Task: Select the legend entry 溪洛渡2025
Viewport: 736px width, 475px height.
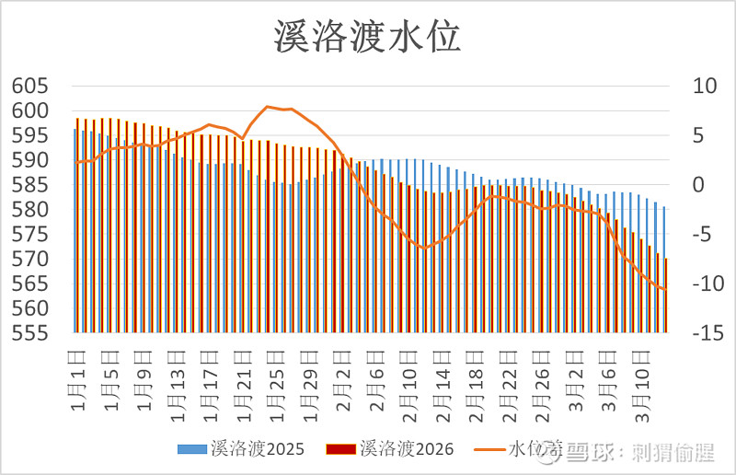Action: coord(244,448)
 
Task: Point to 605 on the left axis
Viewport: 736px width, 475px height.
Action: coord(29,86)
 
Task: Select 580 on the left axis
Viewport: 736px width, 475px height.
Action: coord(29,210)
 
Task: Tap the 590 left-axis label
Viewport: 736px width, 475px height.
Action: coord(29,160)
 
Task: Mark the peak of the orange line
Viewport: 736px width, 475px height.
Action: coord(267,107)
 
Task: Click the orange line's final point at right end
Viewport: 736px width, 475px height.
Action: coord(665,290)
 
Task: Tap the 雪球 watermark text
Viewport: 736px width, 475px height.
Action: coord(590,452)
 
